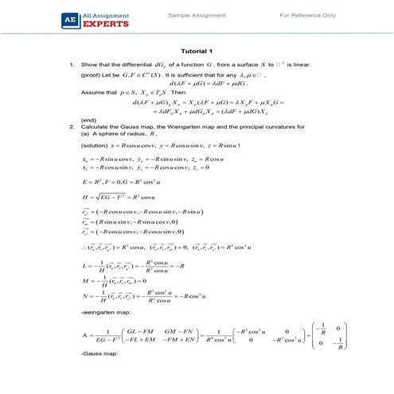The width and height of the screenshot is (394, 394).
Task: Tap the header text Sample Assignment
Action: point(193,15)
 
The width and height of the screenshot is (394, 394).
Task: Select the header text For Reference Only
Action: point(307,15)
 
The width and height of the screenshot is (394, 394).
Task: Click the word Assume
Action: point(93,92)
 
